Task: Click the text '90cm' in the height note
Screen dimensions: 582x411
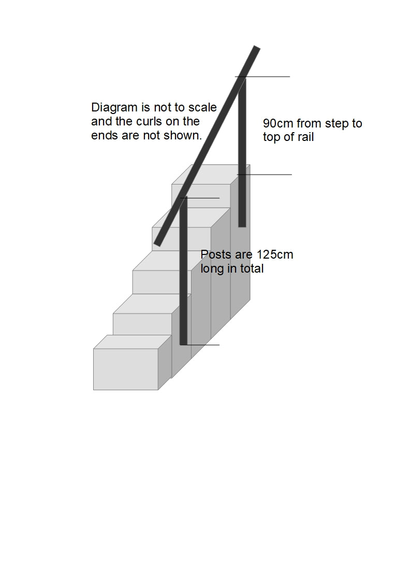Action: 278,124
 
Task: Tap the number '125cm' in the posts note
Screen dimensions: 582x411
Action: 275,255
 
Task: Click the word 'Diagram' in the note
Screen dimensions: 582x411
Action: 114,108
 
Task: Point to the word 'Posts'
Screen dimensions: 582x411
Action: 215,255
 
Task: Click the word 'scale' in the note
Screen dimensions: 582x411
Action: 202,108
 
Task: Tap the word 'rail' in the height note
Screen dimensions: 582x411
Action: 304,137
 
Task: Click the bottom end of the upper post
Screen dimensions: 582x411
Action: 242,224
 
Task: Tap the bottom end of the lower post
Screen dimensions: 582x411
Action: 183,342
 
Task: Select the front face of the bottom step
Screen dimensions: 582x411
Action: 125,369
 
